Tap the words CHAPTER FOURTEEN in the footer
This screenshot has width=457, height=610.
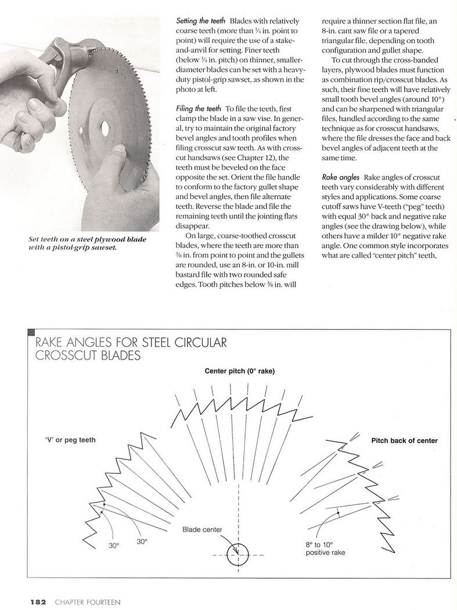coord(88,601)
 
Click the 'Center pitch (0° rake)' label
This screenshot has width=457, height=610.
coord(240,371)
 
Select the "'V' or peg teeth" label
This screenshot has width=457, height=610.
coord(70,440)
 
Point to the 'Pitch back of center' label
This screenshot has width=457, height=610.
coord(404,440)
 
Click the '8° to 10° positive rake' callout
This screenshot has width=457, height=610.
coord(325,548)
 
